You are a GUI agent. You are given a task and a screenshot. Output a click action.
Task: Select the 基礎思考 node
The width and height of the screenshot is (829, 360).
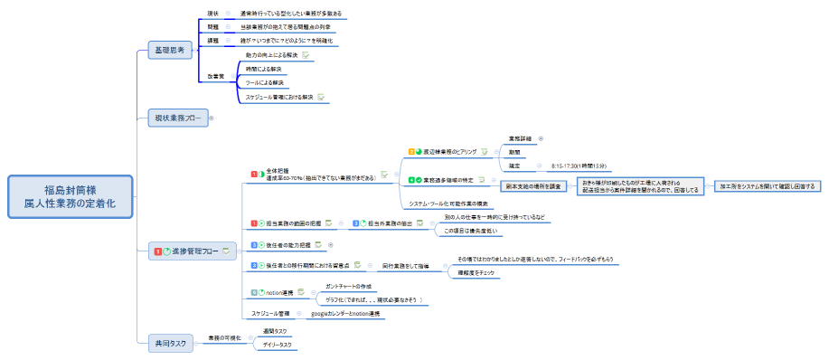click(x=172, y=51)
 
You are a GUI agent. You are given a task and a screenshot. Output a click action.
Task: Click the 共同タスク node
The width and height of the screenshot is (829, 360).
click(x=172, y=342)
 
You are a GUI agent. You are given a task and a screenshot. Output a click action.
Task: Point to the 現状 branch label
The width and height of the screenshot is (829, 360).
click(x=213, y=14)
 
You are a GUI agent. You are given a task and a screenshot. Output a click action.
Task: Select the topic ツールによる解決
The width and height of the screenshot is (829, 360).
click(x=265, y=82)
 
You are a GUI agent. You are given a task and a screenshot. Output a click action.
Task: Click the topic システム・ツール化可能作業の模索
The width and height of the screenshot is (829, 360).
click(x=448, y=204)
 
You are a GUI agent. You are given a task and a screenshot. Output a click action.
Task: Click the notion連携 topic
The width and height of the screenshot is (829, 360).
click(x=279, y=292)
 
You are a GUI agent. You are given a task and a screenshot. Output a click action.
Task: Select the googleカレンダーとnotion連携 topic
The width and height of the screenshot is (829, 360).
click(x=345, y=313)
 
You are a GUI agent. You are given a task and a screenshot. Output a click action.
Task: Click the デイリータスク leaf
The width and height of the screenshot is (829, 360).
click(x=275, y=345)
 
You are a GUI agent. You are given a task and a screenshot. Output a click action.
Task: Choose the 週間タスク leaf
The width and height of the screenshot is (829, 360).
click(x=274, y=332)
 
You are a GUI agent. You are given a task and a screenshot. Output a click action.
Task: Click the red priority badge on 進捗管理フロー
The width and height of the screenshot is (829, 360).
click(x=157, y=251)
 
